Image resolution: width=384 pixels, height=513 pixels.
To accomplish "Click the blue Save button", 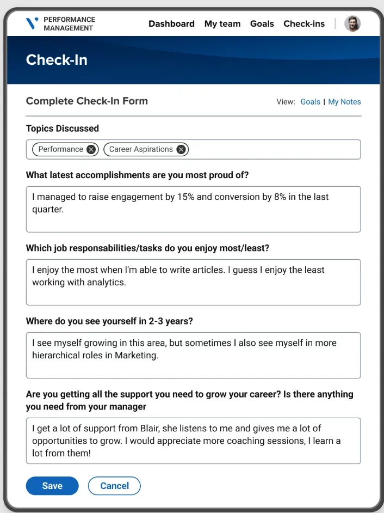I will point(52,486).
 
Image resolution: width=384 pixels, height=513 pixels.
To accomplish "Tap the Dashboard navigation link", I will point(171,23).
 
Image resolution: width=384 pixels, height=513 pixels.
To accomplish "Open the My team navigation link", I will point(222,23).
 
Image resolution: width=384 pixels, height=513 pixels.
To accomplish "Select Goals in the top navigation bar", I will point(262,23).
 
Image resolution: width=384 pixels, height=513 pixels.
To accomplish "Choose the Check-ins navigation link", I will point(304,23).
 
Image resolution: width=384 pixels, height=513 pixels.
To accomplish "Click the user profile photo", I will point(352,23).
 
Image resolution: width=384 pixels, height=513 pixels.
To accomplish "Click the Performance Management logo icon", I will point(32,23).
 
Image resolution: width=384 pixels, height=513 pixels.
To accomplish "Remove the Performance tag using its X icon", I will point(91,149).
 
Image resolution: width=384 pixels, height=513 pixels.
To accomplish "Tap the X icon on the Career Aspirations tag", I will point(181,149).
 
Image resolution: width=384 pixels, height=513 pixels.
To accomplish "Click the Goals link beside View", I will point(310,102).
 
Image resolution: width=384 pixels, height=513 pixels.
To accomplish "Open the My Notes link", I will point(344,102).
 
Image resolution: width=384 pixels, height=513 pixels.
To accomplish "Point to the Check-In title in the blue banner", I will point(57,60).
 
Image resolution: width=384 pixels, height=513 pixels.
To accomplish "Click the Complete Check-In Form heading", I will point(87,101).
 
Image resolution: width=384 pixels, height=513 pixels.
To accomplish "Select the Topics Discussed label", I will point(63,129).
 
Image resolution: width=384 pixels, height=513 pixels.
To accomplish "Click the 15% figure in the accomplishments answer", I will point(186,197).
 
